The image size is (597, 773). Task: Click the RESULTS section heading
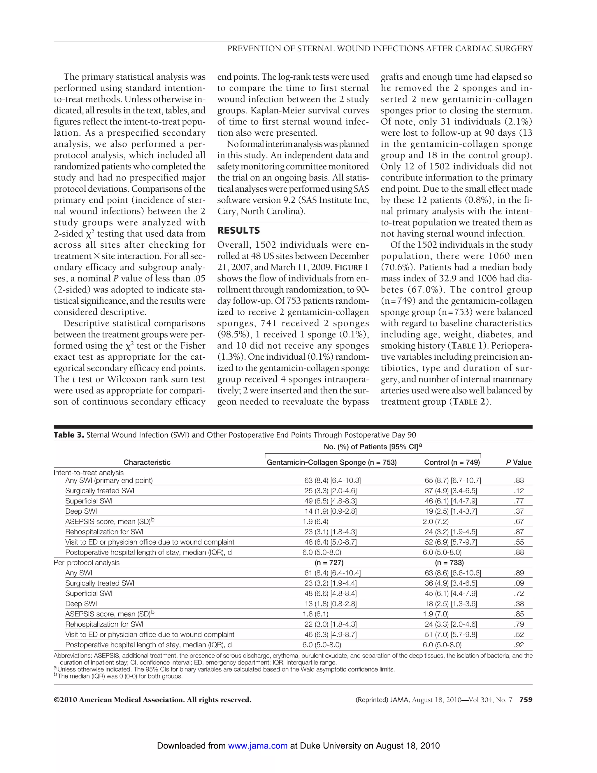coord(238,230)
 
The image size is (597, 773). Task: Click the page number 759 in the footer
coord(526,700)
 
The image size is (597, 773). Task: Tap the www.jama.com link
coord(257,746)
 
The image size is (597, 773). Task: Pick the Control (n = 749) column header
coord(452,462)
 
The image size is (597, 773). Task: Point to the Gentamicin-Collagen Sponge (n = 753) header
coord(332,462)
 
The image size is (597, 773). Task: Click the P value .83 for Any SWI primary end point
coord(519,481)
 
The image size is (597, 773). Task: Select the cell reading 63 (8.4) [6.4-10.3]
coord(332,481)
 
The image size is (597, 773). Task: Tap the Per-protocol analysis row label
coord(87,563)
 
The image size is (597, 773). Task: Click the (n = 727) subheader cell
coord(329,563)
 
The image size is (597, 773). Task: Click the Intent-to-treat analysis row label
coord(88,473)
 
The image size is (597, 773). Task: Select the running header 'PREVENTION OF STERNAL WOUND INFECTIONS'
coord(380,49)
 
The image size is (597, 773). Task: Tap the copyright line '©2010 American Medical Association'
coord(152,700)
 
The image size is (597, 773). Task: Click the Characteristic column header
coord(147,462)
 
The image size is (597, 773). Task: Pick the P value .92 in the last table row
coord(519,645)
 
